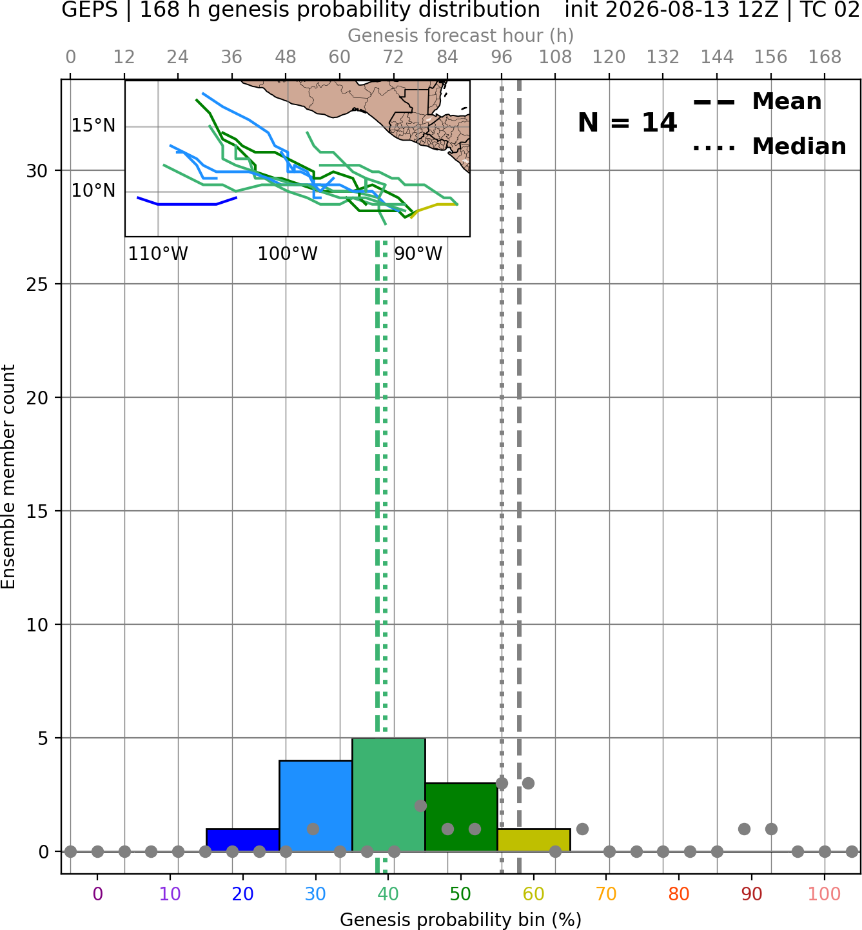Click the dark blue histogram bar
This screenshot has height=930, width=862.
click(x=242, y=840)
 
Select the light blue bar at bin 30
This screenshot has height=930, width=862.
click(x=315, y=806)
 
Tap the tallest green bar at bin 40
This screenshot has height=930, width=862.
click(x=389, y=795)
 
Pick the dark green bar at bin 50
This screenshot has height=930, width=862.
click(x=461, y=817)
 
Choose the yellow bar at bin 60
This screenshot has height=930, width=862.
click(x=534, y=840)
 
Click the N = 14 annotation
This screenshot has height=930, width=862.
click(x=627, y=123)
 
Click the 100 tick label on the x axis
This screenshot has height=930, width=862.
click(x=824, y=894)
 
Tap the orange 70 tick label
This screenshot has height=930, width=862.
click(x=606, y=894)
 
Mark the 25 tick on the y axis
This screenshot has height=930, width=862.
click(x=37, y=284)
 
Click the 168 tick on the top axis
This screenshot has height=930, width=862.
click(x=825, y=57)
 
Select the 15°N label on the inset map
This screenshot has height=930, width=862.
click(x=93, y=126)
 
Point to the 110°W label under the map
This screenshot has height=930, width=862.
click(x=158, y=254)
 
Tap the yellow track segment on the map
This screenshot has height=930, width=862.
click(x=433, y=208)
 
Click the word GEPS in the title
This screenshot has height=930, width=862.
click(x=90, y=10)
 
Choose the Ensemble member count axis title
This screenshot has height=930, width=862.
click(x=8, y=477)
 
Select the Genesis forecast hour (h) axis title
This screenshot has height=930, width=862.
click(x=461, y=35)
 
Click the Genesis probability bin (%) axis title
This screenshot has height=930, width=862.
click(x=461, y=919)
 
